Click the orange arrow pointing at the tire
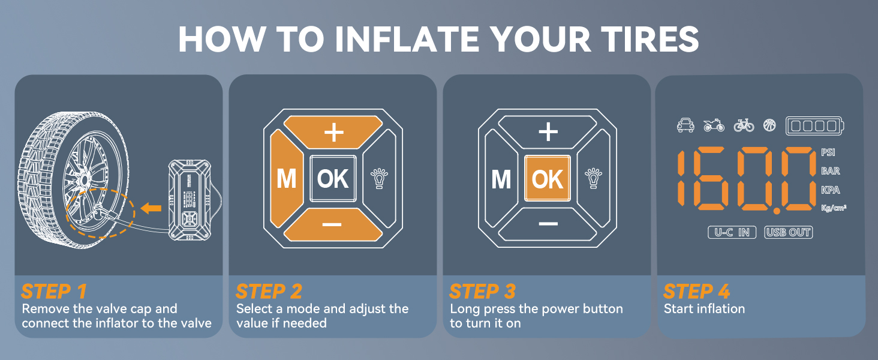click(x=151, y=208)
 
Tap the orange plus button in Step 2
click(x=333, y=132)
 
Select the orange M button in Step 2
click(x=287, y=179)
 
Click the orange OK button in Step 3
click(x=547, y=179)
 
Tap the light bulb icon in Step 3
click(x=594, y=178)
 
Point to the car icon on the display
click(x=685, y=125)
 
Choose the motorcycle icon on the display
click(x=714, y=125)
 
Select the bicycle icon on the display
click(x=744, y=125)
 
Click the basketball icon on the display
click(x=769, y=125)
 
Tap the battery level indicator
click(x=814, y=126)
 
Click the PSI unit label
click(x=828, y=152)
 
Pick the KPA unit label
click(x=830, y=190)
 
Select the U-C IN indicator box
click(x=732, y=233)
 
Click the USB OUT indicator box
click(x=788, y=233)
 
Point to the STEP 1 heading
click(x=54, y=292)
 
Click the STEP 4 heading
click(x=696, y=292)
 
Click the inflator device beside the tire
click(x=190, y=200)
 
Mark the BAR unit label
click(x=830, y=172)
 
